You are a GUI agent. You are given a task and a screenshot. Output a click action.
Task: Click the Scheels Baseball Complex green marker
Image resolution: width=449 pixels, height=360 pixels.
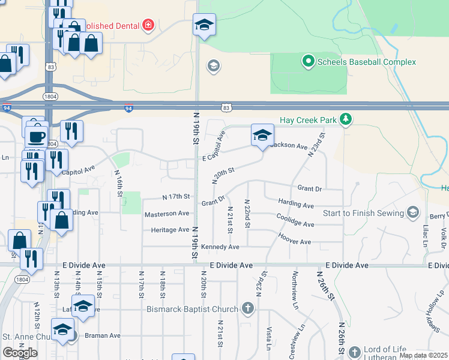309,61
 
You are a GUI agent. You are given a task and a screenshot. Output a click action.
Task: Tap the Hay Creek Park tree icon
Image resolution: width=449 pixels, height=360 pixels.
345,119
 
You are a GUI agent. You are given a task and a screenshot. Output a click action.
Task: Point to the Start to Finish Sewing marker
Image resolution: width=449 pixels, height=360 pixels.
412,212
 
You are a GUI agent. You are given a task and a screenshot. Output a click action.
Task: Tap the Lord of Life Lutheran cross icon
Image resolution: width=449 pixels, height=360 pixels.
355,352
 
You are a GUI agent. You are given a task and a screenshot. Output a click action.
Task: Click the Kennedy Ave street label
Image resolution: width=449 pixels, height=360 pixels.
220,247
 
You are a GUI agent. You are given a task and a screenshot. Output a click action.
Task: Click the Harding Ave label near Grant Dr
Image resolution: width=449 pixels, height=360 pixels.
296,205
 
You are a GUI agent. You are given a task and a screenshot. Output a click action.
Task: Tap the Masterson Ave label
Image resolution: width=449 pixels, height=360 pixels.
167,213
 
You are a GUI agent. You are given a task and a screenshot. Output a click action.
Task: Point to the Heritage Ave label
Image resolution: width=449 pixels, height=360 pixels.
170,229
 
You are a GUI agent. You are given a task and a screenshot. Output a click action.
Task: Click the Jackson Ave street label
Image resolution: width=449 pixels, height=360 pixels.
290,146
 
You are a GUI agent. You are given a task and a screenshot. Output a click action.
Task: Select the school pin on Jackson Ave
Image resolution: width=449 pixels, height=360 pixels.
262,136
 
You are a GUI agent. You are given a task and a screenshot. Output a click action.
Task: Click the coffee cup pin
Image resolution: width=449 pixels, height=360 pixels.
36,136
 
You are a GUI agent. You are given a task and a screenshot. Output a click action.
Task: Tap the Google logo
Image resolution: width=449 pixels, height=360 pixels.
20,352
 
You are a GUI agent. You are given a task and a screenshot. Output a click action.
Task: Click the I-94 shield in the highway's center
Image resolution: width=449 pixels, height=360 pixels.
128,109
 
